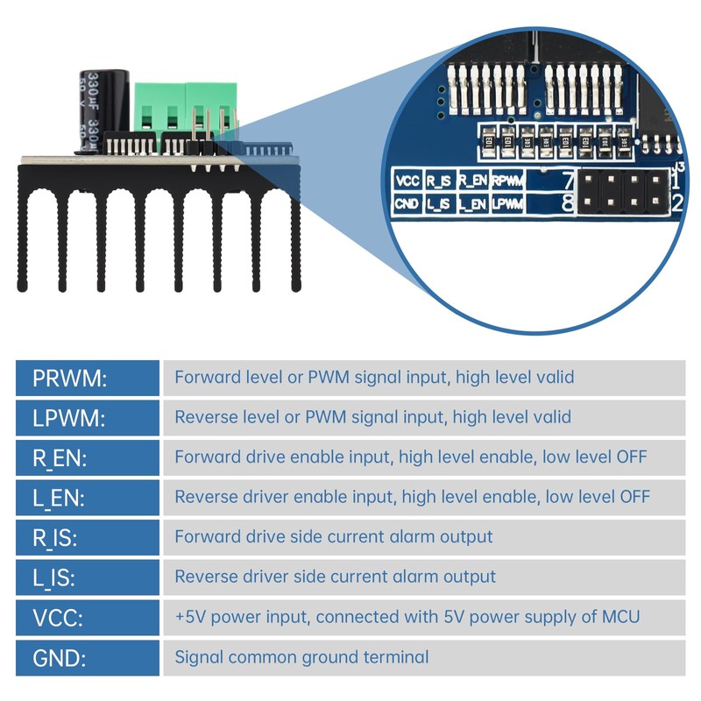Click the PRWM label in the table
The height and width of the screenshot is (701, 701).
68,378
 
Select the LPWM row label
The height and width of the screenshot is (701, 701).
68,418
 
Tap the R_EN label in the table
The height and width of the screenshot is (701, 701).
59,457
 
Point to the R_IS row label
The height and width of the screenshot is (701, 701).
56,537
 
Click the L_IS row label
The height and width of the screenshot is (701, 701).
55,577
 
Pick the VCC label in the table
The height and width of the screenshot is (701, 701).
58,617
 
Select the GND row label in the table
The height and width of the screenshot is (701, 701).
59,657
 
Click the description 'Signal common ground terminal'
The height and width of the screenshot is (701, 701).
301,657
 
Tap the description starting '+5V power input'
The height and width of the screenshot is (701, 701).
407,617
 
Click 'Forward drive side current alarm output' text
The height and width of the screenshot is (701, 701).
333,537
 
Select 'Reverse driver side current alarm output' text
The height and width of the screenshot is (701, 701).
335,577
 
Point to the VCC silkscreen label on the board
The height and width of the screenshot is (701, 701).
408,181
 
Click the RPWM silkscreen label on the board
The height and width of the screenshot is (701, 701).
507,181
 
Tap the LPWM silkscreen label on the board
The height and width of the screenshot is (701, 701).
507,204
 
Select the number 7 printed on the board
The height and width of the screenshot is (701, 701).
568,181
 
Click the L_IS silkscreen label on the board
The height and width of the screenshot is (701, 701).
440,204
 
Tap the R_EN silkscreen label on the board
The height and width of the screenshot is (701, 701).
473,181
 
